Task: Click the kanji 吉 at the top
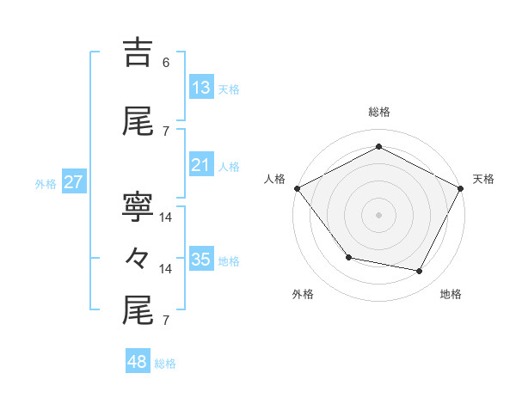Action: click(138, 53)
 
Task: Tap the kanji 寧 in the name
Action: click(138, 207)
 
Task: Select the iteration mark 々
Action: click(138, 259)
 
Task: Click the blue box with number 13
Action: click(201, 88)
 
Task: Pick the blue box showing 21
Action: click(201, 165)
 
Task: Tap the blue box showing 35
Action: click(201, 260)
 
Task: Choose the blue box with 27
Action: click(74, 182)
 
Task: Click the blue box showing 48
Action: click(138, 362)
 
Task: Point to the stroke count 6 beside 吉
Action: click(166, 63)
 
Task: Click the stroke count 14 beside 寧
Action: click(166, 217)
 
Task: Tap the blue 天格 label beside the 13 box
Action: click(229, 89)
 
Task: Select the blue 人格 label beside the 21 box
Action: click(229, 166)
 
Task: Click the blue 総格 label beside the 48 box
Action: click(165, 364)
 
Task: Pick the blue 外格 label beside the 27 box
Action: click(46, 183)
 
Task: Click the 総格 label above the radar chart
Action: click(379, 112)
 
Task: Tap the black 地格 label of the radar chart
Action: click(451, 294)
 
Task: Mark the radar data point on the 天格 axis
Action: click(461, 188)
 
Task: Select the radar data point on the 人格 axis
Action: click(297, 188)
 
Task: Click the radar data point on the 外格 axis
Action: click(348, 257)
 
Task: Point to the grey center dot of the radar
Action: click(379, 214)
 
